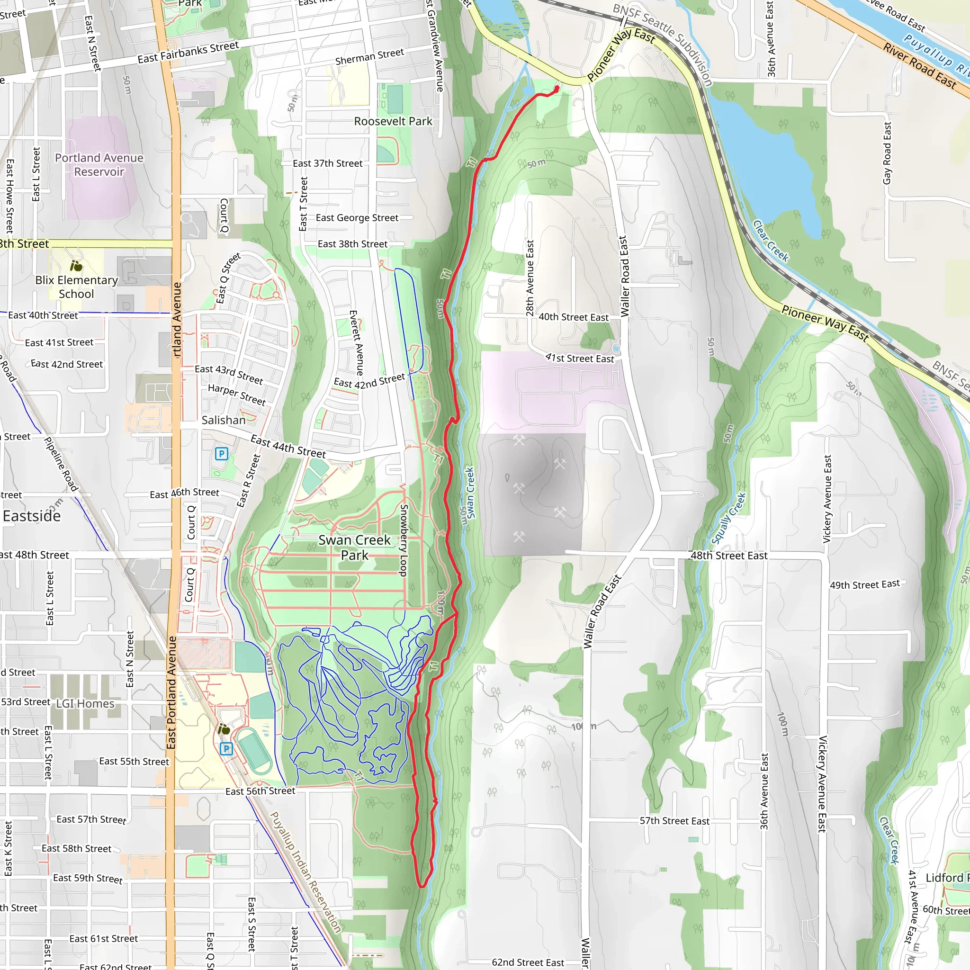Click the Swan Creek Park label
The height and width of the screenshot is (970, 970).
354,547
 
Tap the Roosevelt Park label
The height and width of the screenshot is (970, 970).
393,121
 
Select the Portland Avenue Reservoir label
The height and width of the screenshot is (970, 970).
99,165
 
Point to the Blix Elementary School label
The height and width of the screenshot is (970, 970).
76,287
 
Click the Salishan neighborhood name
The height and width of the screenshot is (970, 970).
224,420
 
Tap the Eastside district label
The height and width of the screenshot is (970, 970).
32,516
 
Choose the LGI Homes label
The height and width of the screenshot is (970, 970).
85,703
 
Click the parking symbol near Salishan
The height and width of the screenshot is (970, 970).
221,454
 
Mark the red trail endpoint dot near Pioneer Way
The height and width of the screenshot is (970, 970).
557,89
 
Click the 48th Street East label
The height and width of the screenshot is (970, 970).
728,555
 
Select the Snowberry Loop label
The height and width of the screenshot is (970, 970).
403,540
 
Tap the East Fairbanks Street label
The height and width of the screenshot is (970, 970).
189,52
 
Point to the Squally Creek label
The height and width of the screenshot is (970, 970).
729,518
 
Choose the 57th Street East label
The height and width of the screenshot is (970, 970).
674,821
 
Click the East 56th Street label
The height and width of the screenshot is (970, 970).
260,791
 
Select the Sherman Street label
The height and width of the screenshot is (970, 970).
369,56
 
